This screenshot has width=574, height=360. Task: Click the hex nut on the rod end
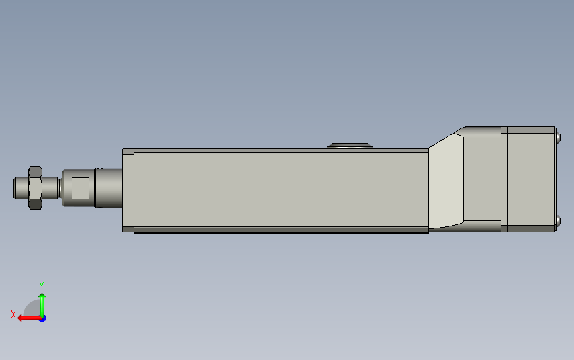pyautogui.click(x=35, y=188)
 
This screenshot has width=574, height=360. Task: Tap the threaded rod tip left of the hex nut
pyautogui.click(x=21, y=188)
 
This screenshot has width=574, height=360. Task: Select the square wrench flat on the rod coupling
pyautogui.click(x=81, y=188)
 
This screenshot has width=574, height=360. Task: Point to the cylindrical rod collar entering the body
pyautogui.click(x=109, y=188)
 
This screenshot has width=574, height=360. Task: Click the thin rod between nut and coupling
pyautogui.click(x=50, y=188)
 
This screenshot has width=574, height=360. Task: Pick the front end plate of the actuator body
pyautogui.click(x=128, y=190)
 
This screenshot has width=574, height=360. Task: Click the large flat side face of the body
pyautogui.click(x=281, y=190)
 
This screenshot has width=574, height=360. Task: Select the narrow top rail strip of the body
pyautogui.click(x=281, y=151)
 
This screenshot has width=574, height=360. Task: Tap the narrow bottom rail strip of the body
pyautogui.click(x=281, y=230)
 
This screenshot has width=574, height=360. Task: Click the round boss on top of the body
pyautogui.click(x=350, y=145)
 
